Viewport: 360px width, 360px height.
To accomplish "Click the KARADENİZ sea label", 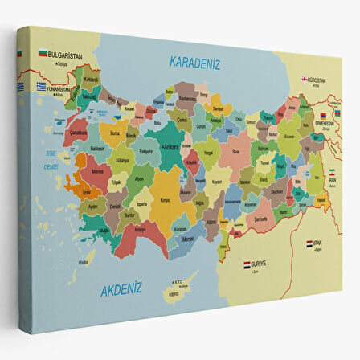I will click(x=194, y=62).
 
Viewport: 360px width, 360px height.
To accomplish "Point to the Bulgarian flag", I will click(x=42, y=54).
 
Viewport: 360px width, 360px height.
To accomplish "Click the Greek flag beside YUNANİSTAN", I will click(x=41, y=86).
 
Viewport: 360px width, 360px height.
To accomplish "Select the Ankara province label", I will click(x=170, y=148).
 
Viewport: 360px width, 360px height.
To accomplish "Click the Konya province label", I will click(x=166, y=201).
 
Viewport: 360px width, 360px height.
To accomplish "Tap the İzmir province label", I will click(x=86, y=193).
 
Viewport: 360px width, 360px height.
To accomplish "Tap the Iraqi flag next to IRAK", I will click(x=309, y=242).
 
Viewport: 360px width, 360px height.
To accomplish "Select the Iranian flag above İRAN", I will click(x=332, y=173).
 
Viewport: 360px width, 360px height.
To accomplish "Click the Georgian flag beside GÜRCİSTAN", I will click(x=305, y=79).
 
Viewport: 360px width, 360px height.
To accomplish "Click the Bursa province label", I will click(x=115, y=133).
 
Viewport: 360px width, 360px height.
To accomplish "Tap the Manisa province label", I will click(x=98, y=172).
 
